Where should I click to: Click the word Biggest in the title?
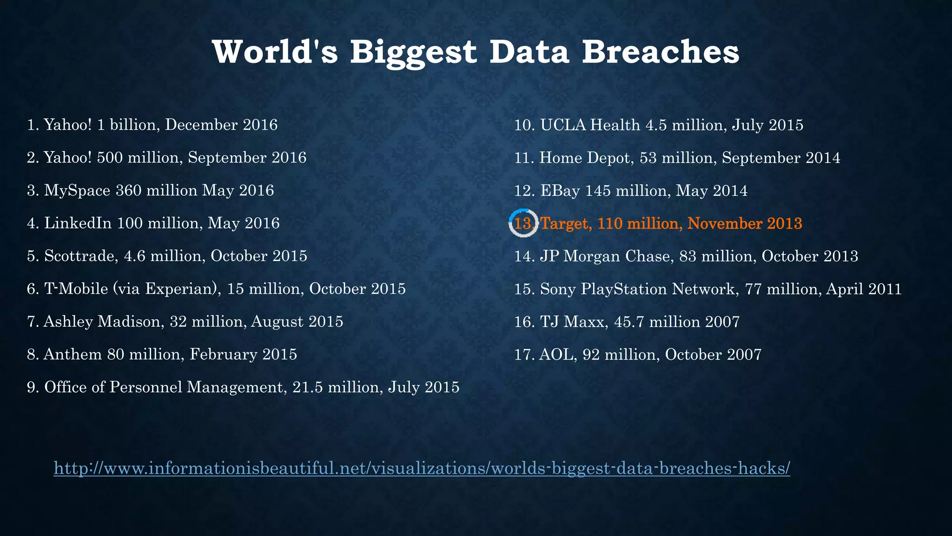[x=413, y=52]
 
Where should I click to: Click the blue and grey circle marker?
[x=523, y=223]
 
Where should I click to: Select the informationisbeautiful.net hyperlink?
[x=422, y=468]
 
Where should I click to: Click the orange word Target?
[x=566, y=224]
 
